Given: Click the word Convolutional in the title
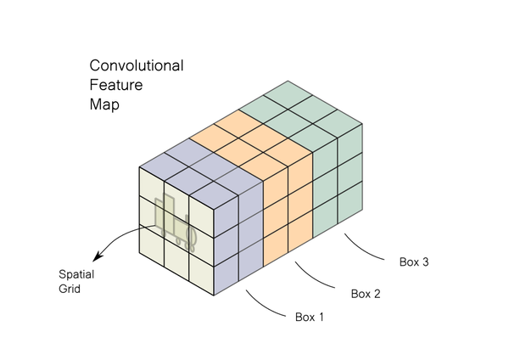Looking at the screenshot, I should coord(137,65).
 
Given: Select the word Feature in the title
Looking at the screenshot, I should coord(115,85).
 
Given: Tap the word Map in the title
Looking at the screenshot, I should coord(105,104).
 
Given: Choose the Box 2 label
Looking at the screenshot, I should coord(366,294).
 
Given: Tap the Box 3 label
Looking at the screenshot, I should coord(414,262).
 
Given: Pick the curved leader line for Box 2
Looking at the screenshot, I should coord(319,279).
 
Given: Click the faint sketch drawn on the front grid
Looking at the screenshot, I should coord(176,222).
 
